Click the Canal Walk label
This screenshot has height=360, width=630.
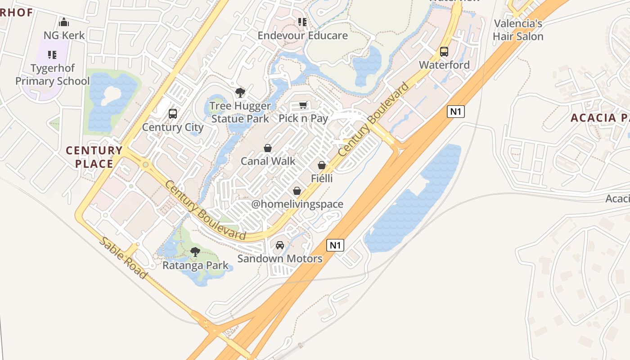point(268,161)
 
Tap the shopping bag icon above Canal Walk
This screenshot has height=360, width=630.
point(268,148)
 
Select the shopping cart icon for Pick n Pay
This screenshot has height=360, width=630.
point(303,105)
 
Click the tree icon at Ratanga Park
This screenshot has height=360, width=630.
point(195,252)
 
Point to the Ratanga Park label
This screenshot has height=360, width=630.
point(195,265)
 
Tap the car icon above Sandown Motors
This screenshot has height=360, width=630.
point(280,245)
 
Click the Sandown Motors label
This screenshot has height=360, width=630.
point(280,259)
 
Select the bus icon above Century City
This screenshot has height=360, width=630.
point(173,114)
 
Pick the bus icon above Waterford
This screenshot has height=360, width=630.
point(444,52)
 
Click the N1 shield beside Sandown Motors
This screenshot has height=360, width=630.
point(335,245)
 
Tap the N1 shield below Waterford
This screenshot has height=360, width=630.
point(455,112)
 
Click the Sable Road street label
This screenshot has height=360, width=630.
point(122,257)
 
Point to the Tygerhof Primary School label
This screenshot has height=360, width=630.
point(53,75)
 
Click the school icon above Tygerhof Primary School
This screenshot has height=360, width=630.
point(52,55)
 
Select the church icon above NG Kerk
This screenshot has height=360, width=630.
point(64,22)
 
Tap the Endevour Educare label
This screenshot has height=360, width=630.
point(302,36)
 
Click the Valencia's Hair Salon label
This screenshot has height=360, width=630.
point(518,30)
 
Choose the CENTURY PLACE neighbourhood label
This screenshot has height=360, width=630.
point(94,157)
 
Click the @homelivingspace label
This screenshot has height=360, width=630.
point(297,204)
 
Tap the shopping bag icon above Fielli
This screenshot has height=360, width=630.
point(322,166)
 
